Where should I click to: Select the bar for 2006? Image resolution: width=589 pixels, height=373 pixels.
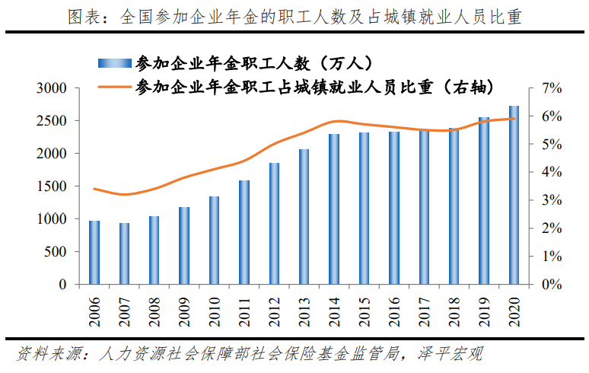(94, 253)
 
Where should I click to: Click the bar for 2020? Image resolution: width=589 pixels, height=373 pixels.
(514, 196)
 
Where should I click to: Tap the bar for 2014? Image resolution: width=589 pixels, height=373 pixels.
(334, 209)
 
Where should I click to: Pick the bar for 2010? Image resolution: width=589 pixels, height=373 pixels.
(215, 241)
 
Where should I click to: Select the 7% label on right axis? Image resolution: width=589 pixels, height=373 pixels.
(551, 88)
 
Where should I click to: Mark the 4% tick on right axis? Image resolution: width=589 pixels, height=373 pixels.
(551, 172)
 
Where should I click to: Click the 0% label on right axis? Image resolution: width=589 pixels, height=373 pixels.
(551, 285)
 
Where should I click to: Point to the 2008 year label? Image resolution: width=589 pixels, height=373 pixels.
(154, 311)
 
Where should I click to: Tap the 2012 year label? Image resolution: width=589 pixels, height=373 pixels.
(274, 311)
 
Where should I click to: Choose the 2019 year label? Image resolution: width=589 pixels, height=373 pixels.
(484, 311)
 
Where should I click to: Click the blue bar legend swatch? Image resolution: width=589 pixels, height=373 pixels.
(114, 63)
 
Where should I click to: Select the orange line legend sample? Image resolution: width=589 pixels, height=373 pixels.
(114, 85)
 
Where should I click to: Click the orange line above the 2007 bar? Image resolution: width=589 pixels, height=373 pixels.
(125, 195)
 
